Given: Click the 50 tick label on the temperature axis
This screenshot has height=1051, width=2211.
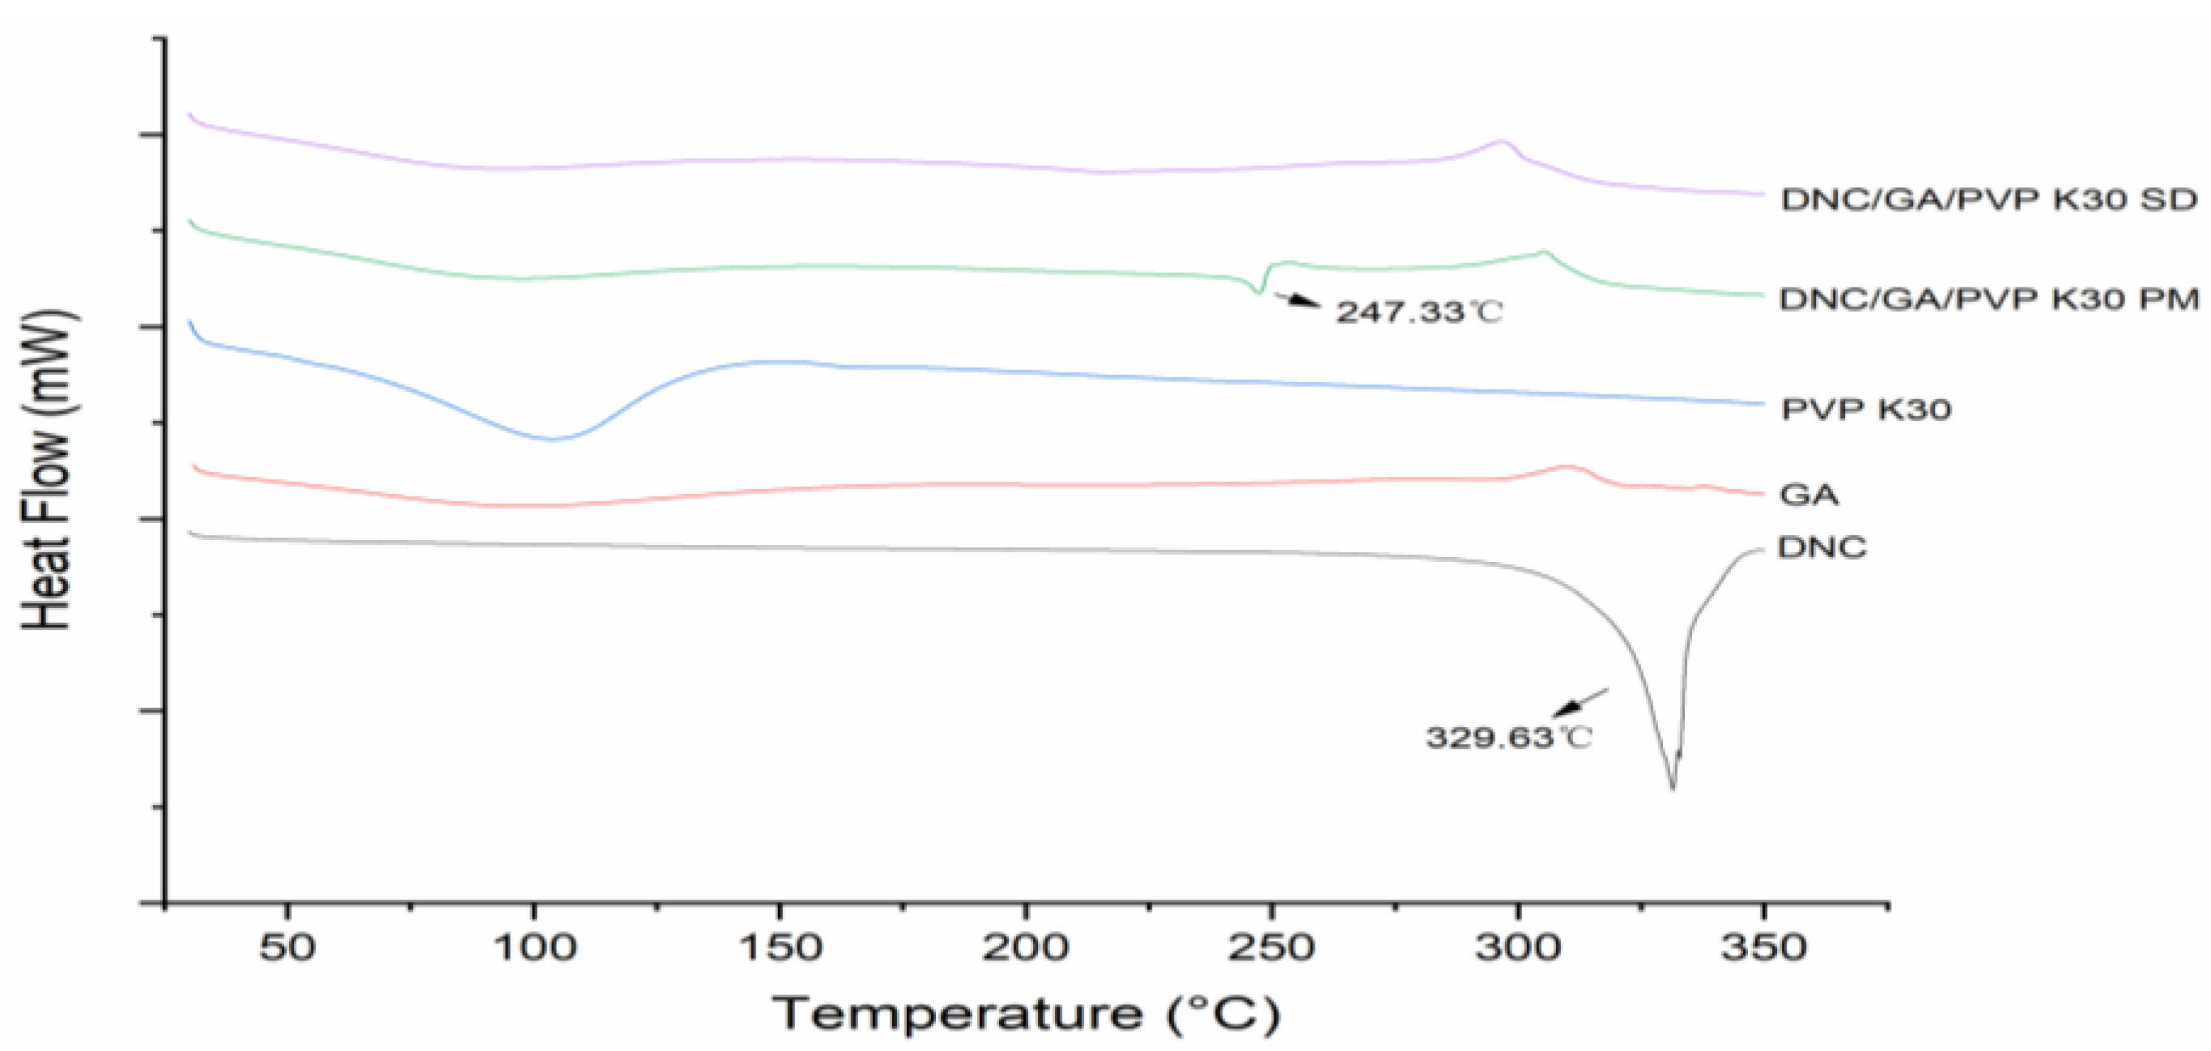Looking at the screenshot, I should pyautogui.click(x=287, y=948).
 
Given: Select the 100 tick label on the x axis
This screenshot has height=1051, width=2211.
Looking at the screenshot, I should pyautogui.click(x=534, y=948).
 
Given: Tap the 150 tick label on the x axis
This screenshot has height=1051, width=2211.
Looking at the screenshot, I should pyautogui.click(x=780, y=948).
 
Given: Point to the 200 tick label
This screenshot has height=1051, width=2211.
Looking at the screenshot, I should pyautogui.click(x=1025, y=948).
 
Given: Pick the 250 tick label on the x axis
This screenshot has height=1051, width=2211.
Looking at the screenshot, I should pyautogui.click(x=1271, y=948).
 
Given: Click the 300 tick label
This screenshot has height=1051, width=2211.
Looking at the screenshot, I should pyautogui.click(x=1517, y=948).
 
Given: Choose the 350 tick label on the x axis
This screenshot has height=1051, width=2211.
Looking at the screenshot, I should pyautogui.click(x=1763, y=948).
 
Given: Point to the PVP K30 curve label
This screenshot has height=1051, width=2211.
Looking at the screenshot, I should pyautogui.click(x=1866, y=409).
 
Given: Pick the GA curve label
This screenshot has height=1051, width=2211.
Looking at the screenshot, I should pyautogui.click(x=1809, y=495).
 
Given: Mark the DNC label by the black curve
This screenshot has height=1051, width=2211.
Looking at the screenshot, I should pyautogui.click(x=1822, y=547).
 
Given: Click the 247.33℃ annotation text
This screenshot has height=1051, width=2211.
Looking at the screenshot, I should pyautogui.click(x=1418, y=312).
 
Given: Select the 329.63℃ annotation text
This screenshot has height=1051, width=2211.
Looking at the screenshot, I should pyautogui.click(x=1509, y=737).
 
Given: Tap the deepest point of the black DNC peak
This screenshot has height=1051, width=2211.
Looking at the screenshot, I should pyautogui.click(x=1672, y=787).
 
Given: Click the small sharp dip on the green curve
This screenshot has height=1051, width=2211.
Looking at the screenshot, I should pyautogui.click(x=1259, y=293).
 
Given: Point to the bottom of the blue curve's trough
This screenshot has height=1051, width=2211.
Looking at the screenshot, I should pyautogui.click(x=552, y=439).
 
